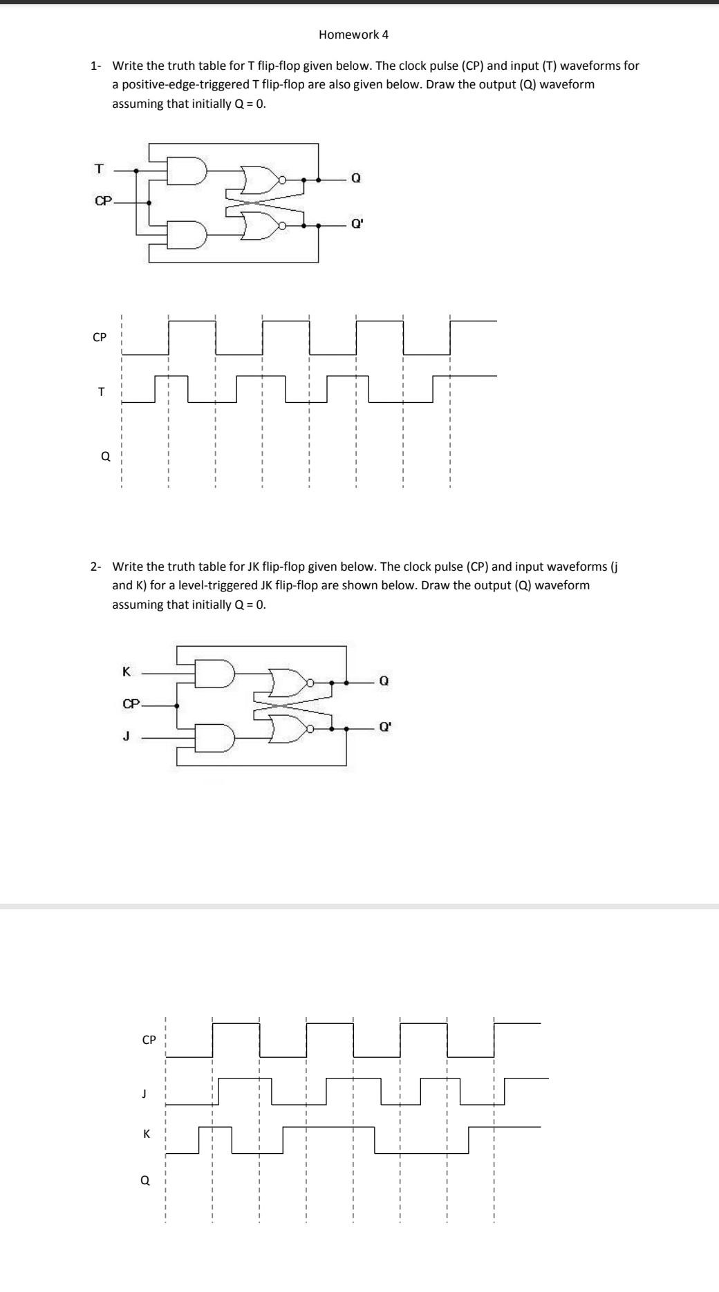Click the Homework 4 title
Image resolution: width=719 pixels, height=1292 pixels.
pyautogui.click(x=353, y=35)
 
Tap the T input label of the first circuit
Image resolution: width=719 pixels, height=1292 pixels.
pyautogui.click(x=99, y=169)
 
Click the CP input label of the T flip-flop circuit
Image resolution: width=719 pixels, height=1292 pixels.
pyautogui.click(x=103, y=201)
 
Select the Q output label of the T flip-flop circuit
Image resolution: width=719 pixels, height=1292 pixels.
pyautogui.click(x=355, y=178)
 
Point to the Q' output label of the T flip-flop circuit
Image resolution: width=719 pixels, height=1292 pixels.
pyautogui.click(x=357, y=224)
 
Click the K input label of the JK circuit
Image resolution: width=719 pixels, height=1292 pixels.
pyautogui.click(x=126, y=671)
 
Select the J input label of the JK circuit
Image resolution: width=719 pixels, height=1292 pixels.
pyautogui.click(x=126, y=737)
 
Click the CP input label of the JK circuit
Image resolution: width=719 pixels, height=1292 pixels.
pyautogui.click(x=131, y=704)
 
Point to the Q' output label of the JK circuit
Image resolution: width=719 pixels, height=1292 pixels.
pyautogui.click(x=384, y=727)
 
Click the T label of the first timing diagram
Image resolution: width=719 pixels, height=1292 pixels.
pyautogui.click(x=101, y=392)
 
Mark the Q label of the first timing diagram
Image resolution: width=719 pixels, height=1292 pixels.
pyautogui.click(x=105, y=456)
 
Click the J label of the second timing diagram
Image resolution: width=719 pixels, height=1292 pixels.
pyautogui.click(x=144, y=1093)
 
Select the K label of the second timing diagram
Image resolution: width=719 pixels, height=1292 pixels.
pyautogui.click(x=146, y=1134)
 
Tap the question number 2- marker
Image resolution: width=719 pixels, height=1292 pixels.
pyautogui.click(x=96, y=567)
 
